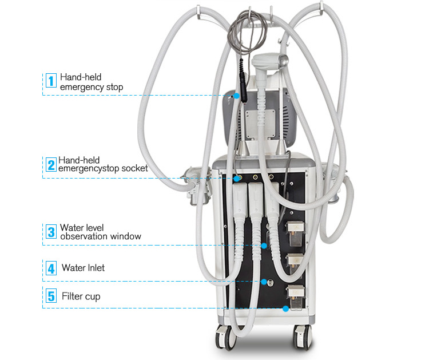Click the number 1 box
[x=51, y=81]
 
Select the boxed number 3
[x=51, y=231]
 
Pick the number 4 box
[x=51, y=268]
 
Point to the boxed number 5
[x=51, y=296]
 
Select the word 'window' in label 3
[x=127, y=236]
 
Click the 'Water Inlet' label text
[x=84, y=267]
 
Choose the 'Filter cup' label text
[x=81, y=296]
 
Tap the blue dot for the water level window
[x=264, y=246]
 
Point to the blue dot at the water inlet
[x=264, y=282]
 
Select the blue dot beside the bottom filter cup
[x=285, y=308]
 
